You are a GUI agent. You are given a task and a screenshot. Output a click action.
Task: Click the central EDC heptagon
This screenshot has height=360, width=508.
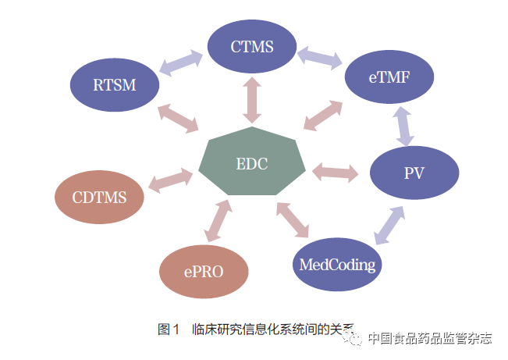[x=252, y=165]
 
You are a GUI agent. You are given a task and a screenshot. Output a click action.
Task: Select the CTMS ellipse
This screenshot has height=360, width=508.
[x=251, y=46]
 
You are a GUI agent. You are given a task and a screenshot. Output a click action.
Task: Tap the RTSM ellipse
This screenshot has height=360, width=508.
[x=114, y=84]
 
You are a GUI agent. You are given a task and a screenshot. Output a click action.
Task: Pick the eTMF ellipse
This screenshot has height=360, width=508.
[x=389, y=77]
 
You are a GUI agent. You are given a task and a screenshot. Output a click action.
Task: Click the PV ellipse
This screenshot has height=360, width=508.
[x=414, y=173]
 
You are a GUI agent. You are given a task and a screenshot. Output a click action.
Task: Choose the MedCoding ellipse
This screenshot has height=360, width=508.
[x=337, y=265]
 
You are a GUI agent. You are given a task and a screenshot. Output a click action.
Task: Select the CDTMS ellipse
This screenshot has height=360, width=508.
[x=101, y=197]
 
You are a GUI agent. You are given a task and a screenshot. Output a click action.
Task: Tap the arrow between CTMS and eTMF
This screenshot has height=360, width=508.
[x=319, y=56]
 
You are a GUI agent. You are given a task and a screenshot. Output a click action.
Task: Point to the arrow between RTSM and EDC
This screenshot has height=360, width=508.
[x=177, y=117]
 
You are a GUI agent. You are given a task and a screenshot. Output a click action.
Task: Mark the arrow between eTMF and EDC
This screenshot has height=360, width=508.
[x=322, y=115]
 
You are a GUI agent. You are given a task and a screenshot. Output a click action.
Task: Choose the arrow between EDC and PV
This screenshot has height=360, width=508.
[x=335, y=170]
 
